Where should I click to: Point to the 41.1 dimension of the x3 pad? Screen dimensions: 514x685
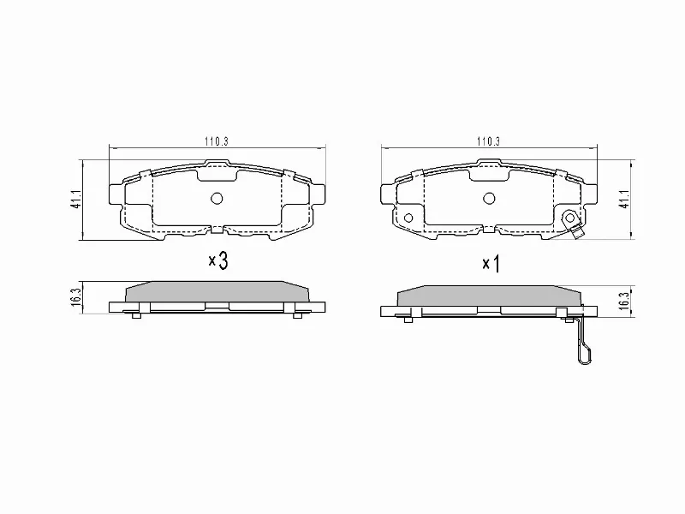click(x=76, y=200)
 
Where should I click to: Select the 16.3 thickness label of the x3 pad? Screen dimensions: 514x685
click(x=76, y=296)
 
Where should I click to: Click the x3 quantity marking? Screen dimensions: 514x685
click(x=217, y=261)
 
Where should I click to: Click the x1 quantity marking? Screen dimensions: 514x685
click(x=490, y=264)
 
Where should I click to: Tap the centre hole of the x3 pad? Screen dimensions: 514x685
click(x=216, y=199)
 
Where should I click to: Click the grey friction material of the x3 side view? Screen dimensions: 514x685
click(x=216, y=291)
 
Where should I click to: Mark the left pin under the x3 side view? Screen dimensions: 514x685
click(x=136, y=316)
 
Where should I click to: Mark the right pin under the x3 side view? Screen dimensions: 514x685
click(x=297, y=316)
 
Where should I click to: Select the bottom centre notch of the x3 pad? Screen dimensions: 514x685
click(x=216, y=229)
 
